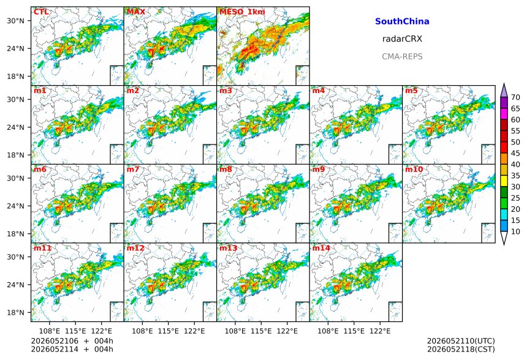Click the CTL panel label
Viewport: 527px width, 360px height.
(41, 12)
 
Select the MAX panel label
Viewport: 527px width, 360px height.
(136, 12)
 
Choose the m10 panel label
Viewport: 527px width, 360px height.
(414, 169)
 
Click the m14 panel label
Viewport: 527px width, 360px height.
(321, 248)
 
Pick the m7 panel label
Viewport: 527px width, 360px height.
(133, 169)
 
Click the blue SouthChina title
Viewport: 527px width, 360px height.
(402, 21)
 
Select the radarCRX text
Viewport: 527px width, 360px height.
(402, 39)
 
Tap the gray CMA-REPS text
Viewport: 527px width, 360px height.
(402, 56)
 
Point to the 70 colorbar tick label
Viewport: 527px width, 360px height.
(515, 97)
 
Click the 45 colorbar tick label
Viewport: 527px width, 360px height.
(515, 154)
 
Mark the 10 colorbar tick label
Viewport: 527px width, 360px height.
(515, 231)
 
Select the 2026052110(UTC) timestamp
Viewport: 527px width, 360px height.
(461, 341)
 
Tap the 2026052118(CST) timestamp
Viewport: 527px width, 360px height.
(461, 350)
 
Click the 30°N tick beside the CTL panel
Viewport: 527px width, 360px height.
(15, 21)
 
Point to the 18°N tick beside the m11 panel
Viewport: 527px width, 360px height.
(15, 313)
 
